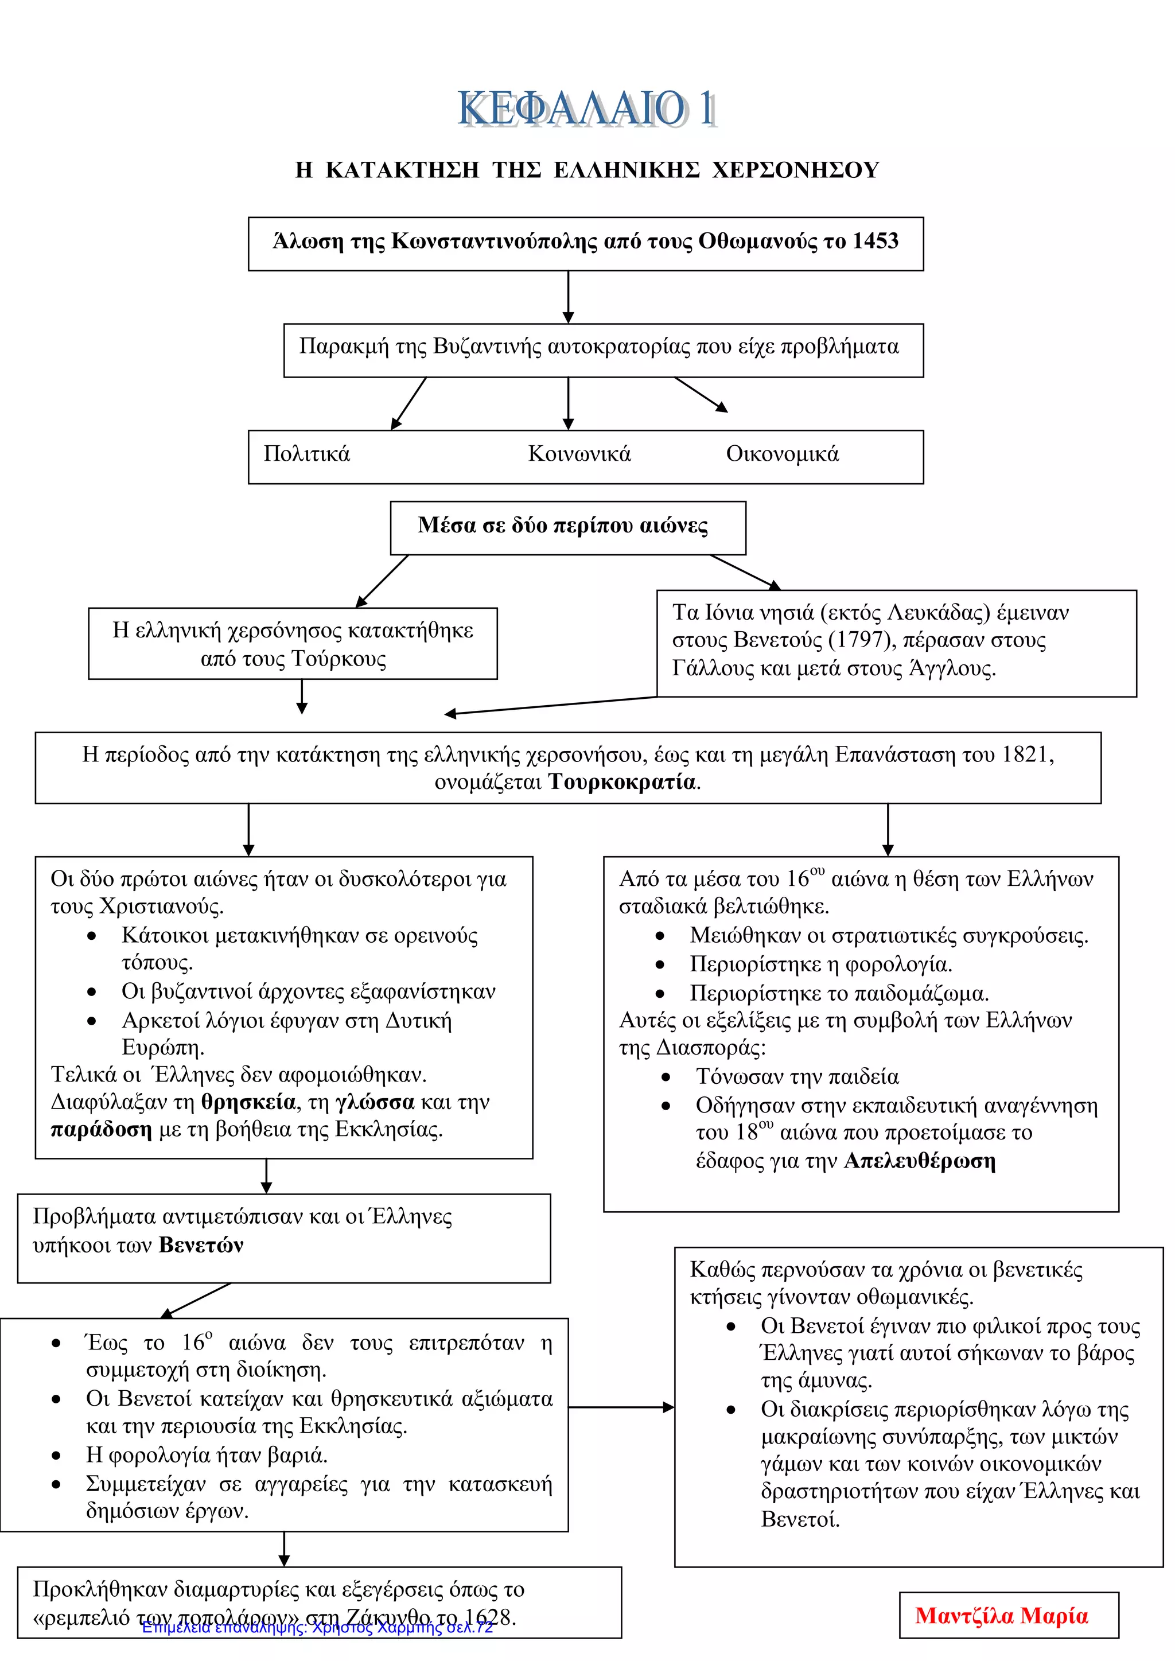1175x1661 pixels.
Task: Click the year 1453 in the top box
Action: (876, 241)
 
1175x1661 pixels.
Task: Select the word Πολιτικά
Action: (307, 454)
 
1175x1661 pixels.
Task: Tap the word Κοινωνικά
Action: (579, 454)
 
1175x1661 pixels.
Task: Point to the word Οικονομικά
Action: (783, 454)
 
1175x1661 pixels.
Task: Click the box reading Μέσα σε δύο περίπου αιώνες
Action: (568, 528)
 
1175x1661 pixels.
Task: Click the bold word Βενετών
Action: (201, 1245)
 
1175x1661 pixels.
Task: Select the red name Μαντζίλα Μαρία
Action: (1002, 1616)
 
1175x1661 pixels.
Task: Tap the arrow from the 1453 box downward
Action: (568, 297)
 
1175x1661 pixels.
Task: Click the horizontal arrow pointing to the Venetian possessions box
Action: (621, 1407)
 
